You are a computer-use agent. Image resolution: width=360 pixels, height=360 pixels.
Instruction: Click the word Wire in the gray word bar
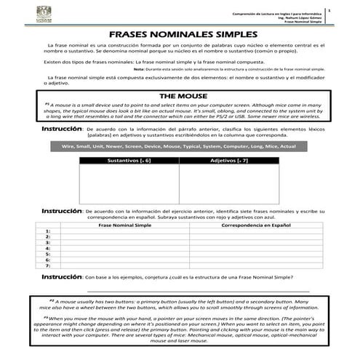[70, 146]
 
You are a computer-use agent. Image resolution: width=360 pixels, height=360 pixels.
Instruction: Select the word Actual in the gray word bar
[287, 146]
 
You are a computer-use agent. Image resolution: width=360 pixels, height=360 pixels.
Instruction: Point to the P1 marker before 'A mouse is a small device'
[47, 104]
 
